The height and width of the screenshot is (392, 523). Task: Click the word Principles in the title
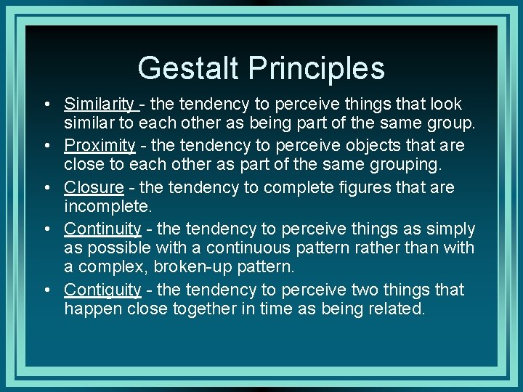point(317,68)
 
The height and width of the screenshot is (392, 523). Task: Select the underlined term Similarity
point(99,105)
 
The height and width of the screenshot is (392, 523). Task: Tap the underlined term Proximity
point(100,146)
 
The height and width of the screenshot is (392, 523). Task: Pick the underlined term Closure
point(94,187)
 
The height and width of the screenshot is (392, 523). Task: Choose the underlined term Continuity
point(102,229)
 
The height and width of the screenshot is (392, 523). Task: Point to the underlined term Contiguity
point(102,290)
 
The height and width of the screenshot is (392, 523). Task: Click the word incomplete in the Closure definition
point(107,207)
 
